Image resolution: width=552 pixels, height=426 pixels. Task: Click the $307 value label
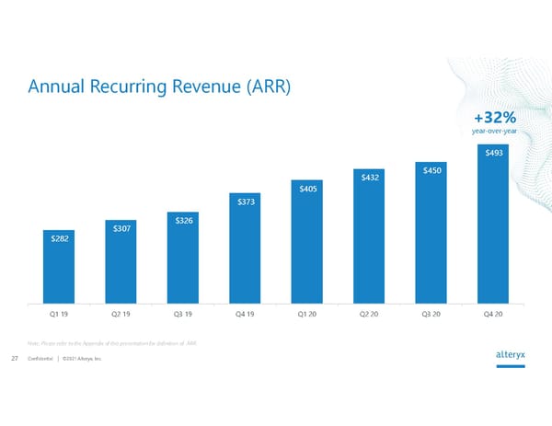120,228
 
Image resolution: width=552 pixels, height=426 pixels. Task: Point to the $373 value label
246,201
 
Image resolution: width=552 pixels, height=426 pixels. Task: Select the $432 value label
370,176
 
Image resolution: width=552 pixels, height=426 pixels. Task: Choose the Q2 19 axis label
120,314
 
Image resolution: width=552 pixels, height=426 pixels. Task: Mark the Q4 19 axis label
245,314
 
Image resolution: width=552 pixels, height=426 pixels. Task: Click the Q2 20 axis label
370,314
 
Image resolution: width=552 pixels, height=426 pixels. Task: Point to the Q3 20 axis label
431,314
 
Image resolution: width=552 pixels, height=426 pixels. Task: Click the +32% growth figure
494,118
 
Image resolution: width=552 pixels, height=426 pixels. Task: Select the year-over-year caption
494,132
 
